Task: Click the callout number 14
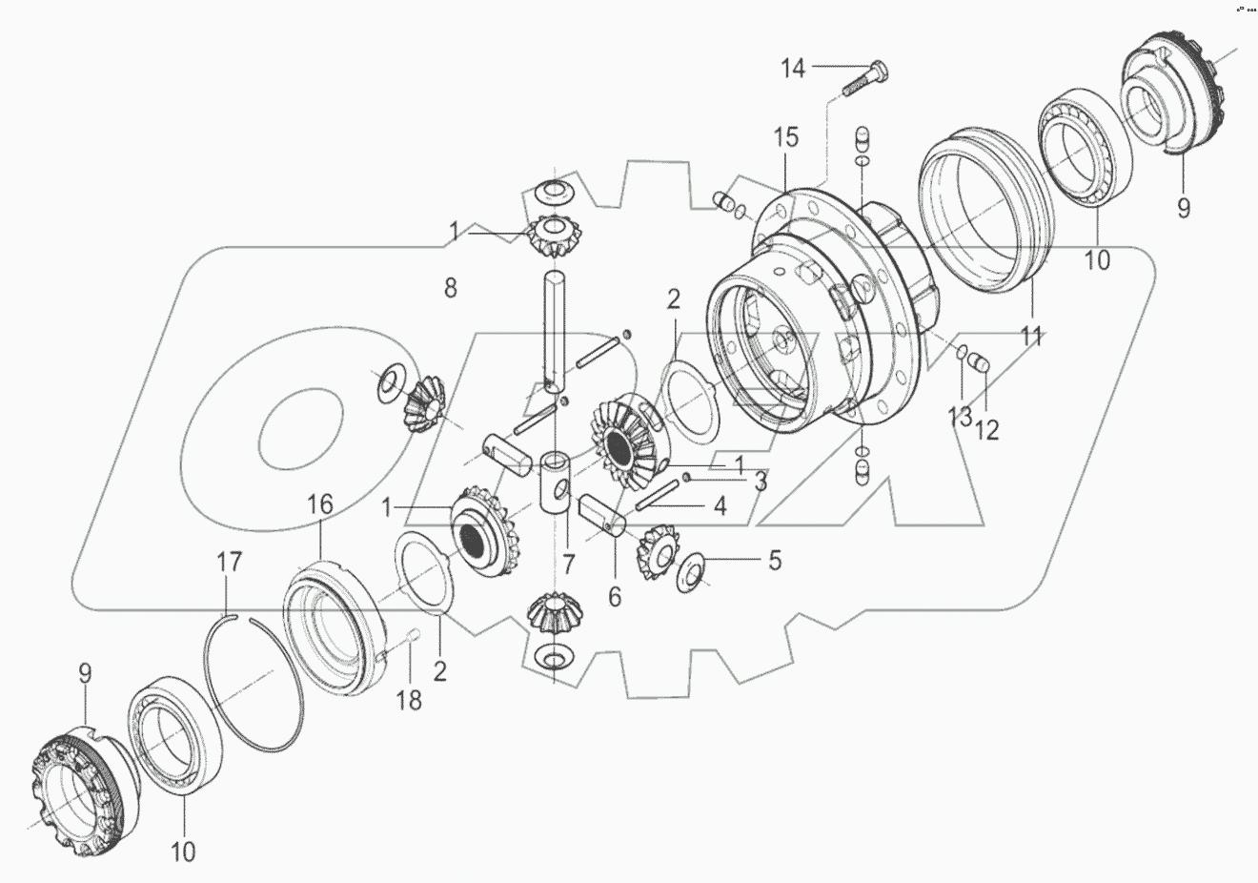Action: pyautogui.click(x=793, y=68)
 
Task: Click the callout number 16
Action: pyautogui.click(x=319, y=504)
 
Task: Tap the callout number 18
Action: pyautogui.click(x=409, y=701)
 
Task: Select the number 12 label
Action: pyautogui.click(x=986, y=429)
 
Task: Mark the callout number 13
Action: pyautogui.click(x=960, y=417)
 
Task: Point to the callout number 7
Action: pyautogui.click(x=568, y=564)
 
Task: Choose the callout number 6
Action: pyautogui.click(x=615, y=597)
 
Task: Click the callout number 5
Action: pyautogui.click(x=774, y=560)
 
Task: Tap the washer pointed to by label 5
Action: pyautogui.click(x=692, y=569)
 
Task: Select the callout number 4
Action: pyautogui.click(x=720, y=506)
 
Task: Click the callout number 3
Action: pyautogui.click(x=761, y=482)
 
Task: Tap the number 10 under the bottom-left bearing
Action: pyautogui.click(x=183, y=852)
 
